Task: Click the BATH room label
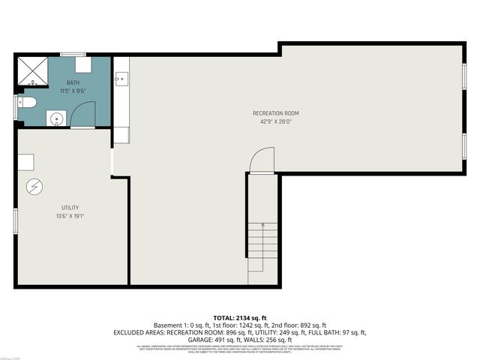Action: point(73,82)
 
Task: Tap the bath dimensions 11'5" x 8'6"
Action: point(73,91)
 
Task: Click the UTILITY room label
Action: point(70,208)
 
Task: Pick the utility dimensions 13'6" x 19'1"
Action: point(70,216)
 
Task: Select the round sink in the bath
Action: point(55,118)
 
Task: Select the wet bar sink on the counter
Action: point(120,77)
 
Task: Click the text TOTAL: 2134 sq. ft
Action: point(239,319)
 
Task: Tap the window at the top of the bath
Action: point(73,54)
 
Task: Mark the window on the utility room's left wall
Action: point(16,220)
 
